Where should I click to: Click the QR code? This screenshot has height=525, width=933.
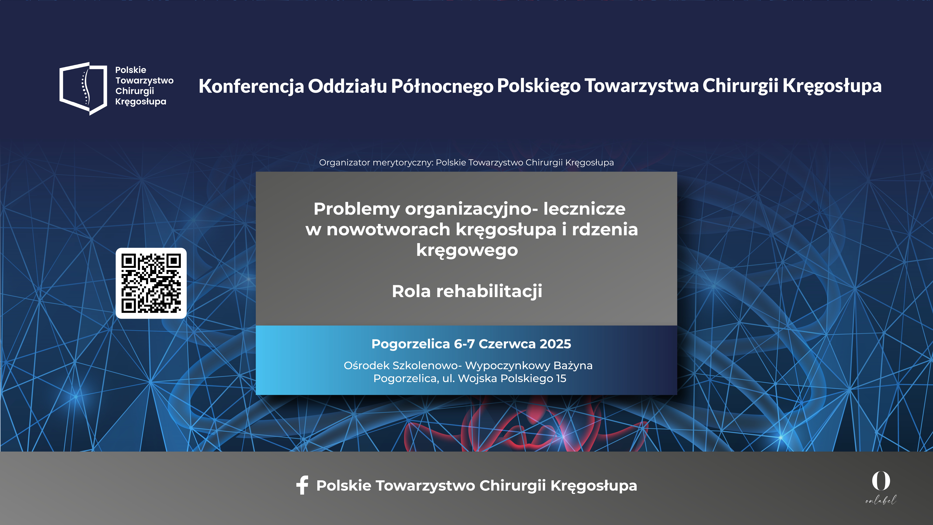point(151,283)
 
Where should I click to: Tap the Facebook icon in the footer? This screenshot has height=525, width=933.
point(302,485)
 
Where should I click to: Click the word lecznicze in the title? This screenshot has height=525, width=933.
point(584,209)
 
